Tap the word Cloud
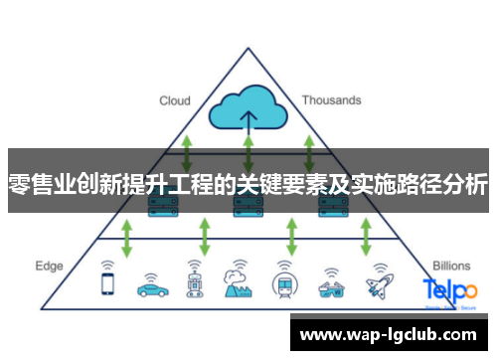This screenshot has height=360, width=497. pyautogui.click(x=175, y=100)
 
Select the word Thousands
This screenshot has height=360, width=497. pyautogui.click(x=331, y=100)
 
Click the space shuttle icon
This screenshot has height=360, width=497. pyautogui.click(x=377, y=285)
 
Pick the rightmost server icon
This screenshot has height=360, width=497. pyautogui.click(x=329, y=207)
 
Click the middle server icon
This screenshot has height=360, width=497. pyautogui.click(x=245, y=207)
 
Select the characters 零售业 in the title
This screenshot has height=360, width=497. pyautogui.click(x=40, y=184)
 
